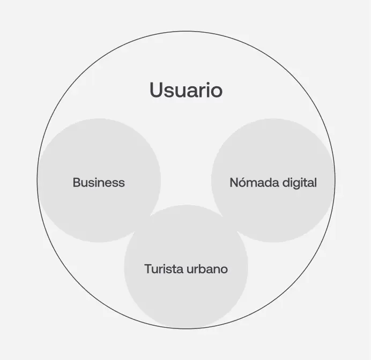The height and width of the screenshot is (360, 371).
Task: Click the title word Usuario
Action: coord(186,90)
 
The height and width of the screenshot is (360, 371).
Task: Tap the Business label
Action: coord(99,183)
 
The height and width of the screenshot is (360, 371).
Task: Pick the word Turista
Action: coord(163,269)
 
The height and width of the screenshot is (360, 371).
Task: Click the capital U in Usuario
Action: coord(156,90)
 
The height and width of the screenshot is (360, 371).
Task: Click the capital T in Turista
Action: coord(148,269)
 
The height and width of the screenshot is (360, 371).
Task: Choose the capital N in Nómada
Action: coord(234,183)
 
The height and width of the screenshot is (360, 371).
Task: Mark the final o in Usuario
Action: coord(216,91)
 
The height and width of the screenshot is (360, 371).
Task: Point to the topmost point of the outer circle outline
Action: coord(186,31)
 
